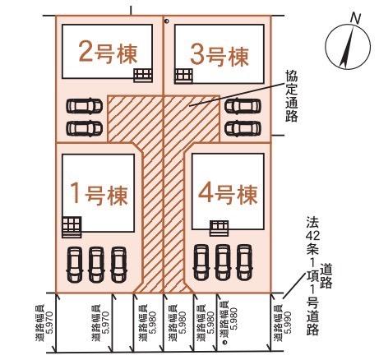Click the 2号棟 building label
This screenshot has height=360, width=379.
[108, 53]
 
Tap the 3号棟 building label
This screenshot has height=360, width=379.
[220, 56]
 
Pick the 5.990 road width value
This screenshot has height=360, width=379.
[287, 323]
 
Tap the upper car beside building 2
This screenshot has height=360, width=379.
[85, 106]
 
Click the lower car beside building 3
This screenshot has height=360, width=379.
[243, 128]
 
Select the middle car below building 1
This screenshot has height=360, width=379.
[96, 265]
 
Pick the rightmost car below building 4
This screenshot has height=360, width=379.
[244, 262]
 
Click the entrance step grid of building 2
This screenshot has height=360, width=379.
[143, 75]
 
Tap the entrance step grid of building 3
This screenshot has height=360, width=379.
[183, 76]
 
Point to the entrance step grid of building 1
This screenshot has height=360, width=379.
[72, 227]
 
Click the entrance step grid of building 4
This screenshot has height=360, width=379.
[219, 228]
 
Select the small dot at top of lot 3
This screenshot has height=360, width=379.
[167, 21]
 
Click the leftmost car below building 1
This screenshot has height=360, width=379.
[74, 265]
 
